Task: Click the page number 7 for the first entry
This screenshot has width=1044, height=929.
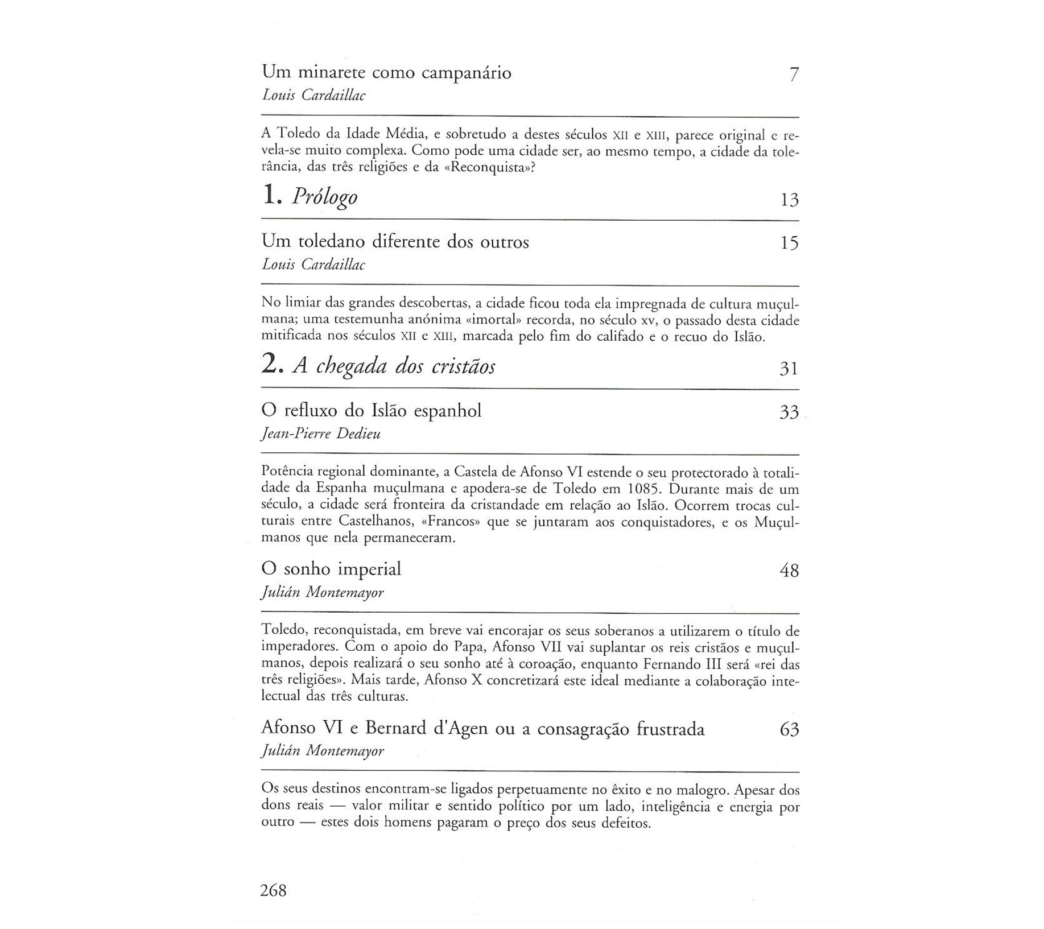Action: pos(794,74)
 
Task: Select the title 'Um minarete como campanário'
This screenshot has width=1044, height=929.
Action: pos(386,73)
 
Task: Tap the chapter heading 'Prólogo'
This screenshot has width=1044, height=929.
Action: pos(325,197)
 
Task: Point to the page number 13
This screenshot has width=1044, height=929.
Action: pos(790,200)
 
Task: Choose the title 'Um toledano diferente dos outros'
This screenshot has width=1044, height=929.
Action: pos(395,242)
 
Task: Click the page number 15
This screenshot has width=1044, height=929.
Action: pos(790,243)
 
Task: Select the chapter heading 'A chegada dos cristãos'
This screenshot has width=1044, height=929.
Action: pos(394,366)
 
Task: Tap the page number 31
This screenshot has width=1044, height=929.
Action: pos(789,369)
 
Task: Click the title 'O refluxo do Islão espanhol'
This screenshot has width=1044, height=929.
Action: pos(371,411)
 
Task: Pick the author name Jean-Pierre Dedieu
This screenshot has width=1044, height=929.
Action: pos(321,433)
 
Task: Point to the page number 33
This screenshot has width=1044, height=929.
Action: pos(789,412)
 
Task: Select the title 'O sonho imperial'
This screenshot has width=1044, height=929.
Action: pos(331,569)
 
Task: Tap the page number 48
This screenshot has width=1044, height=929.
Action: pos(789,570)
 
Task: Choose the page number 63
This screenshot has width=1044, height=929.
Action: pos(789,729)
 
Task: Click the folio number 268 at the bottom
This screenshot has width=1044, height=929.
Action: pos(273,890)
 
